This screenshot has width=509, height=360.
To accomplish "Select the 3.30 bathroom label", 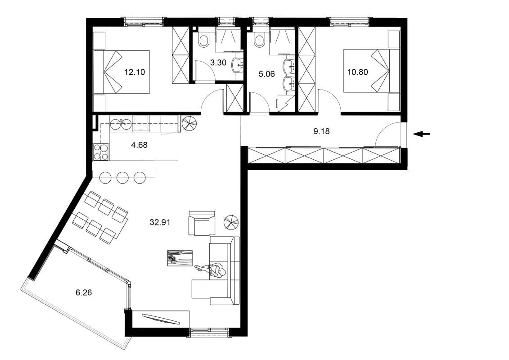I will pyautogui.click(x=218, y=63).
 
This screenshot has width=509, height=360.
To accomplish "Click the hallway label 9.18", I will pyautogui.click(x=321, y=131).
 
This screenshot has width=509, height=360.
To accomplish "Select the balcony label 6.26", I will pyautogui.click(x=84, y=292).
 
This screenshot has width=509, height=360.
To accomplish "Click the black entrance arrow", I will pyautogui.click(x=422, y=134).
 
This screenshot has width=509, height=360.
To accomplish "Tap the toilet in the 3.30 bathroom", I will pyautogui.click(x=203, y=41).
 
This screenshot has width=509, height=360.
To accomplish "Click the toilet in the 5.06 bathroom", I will pyautogui.click(x=259, y=41).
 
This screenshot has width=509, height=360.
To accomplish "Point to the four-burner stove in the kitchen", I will pyautogui.click(x=100, y=152).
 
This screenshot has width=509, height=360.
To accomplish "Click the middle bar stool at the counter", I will pyautogui.click(x=123, y=177).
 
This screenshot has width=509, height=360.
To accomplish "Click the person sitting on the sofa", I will pyautogui.click(x=215, y=271).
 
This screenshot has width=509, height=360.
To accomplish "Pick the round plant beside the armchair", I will pyautogui.click(x=232, y=221).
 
